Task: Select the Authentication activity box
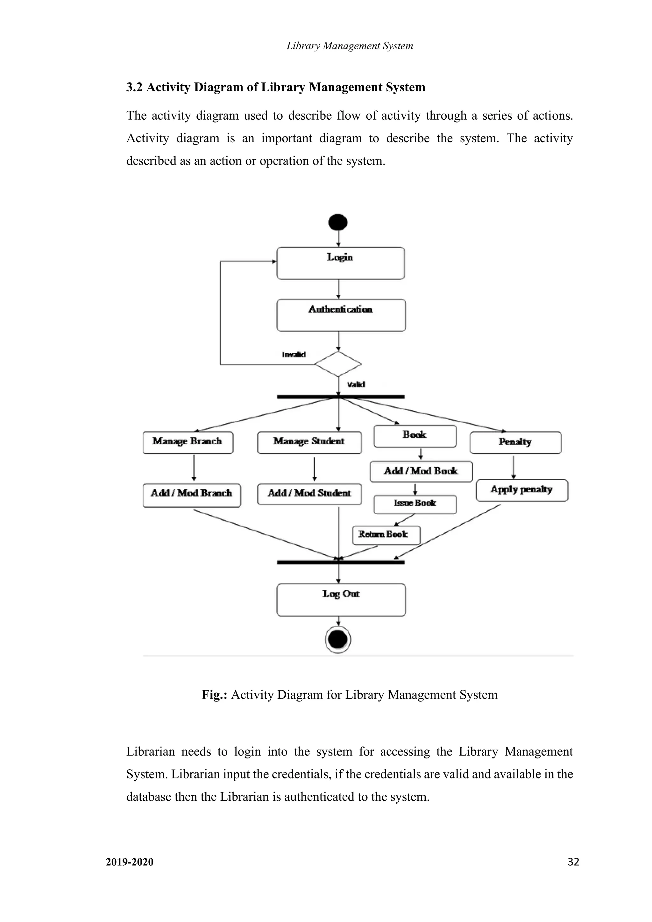point(341,315)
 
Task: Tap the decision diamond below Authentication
point(338,364)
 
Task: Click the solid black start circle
point(338,222)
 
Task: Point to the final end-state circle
point(338,640)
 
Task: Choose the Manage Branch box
point(188,442)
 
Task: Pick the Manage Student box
point(309,442)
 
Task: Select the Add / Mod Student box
point(309,494)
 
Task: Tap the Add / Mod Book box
point(421,471)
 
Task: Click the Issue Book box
point(415,504)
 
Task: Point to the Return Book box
point(386,535)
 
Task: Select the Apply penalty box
point(522,490)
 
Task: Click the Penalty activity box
point(515,442)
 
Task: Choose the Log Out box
point(341,600)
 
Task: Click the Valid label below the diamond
point(356,385)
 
